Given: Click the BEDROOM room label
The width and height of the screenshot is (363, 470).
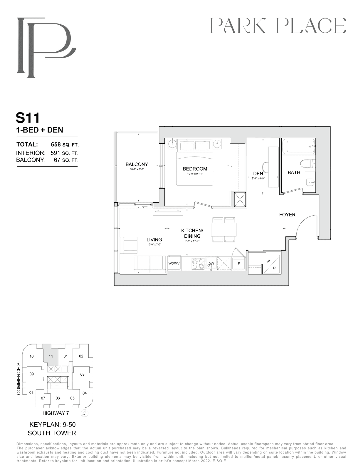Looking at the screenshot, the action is [195, 169].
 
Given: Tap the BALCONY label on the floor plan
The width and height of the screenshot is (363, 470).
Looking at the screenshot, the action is [137, 164].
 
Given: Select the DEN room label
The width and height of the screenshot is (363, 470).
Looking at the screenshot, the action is [258, 174].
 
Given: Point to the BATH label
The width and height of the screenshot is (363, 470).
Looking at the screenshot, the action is [294, 172].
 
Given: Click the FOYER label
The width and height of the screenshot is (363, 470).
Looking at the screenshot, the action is [287, 214].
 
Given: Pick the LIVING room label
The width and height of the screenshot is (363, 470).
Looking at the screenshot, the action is [154, 239].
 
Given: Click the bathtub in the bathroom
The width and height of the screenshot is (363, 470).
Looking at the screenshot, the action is [298, 146].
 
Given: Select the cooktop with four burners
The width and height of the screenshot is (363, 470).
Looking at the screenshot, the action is [198, 264].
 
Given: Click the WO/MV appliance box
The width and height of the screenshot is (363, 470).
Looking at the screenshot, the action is [174, 263].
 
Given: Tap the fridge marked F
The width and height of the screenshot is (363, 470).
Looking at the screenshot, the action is [239, 263].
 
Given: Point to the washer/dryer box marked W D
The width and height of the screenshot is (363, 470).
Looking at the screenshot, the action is [271, 265].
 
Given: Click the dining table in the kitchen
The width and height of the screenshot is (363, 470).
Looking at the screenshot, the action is [224, 229].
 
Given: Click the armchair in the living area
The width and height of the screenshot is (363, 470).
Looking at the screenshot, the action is [129, 245].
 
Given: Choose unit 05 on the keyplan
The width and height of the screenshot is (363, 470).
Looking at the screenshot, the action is [72, 398].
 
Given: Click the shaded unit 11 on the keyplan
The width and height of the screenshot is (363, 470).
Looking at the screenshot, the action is [51, 356].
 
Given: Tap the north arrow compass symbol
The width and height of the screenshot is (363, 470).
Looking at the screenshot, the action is [85, 413].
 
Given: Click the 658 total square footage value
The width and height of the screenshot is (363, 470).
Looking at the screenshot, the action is [56, 144].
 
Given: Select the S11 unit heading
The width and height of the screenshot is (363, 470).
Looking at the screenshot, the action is [28, 118].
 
